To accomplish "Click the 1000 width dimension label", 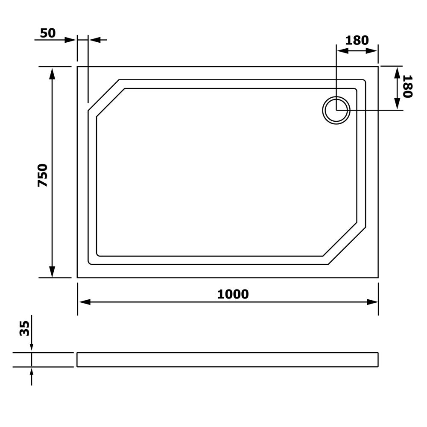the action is click(233, 294).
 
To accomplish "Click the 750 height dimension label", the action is click(42, 175).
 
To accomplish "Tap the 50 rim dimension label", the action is click(48, 33).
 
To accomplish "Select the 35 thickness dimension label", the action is click(24, 328).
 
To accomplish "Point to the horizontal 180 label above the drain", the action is click(357, 40).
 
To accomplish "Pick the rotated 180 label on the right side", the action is click(407, 86).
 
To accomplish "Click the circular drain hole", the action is click(336, 110).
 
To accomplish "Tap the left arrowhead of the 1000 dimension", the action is click(85, 302).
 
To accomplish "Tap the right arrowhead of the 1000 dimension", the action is click(372, 302).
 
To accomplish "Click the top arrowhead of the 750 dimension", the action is click(52, 73).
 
